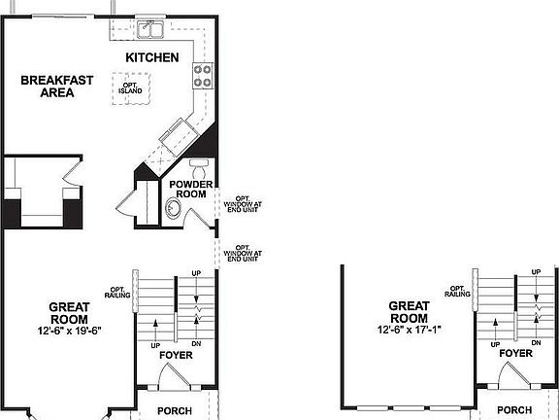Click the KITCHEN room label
coord(152,58)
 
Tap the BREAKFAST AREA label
coord(57,87)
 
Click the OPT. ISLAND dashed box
coord(131,88)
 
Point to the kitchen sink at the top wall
coord(150,27)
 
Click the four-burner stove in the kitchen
coord(204,75)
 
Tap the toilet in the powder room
coord(199,163)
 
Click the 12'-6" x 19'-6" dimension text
coord(70,330)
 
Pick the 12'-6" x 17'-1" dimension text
coord(409,329)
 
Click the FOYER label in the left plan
coord(176,355)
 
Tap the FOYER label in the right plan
coord(515,354)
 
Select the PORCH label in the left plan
coord(175,410)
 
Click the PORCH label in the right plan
coord(514,410)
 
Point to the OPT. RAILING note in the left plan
coord(119,292)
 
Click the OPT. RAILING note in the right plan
coord(460,291)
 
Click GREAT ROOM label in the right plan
coord(409,311)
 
